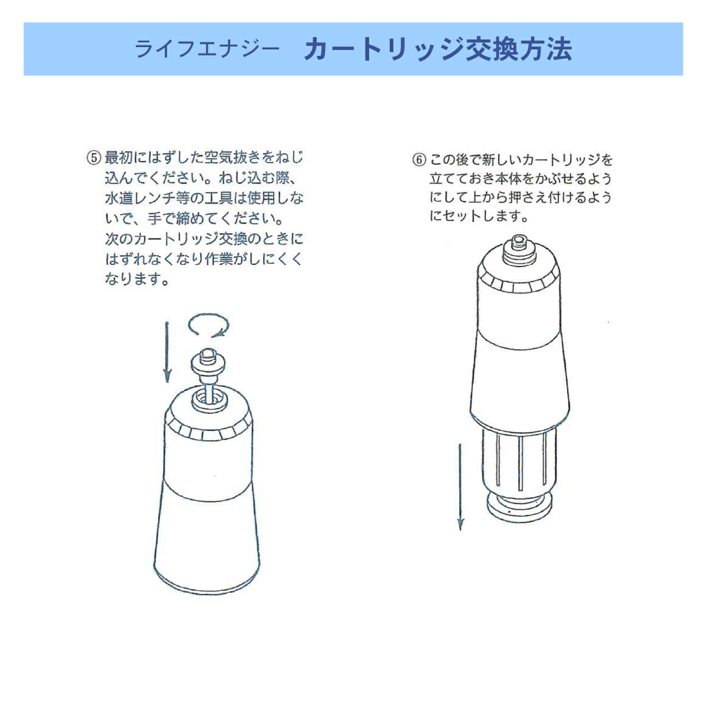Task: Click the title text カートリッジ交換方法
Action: (x=437, y=49)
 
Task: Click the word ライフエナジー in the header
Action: (x=207, y=50)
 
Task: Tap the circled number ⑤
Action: (x=94, y=158)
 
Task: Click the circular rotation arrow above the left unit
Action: (x=208, y=326)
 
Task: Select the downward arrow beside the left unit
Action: (x=167, y=351)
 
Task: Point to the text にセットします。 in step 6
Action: (x=478, y=217)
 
